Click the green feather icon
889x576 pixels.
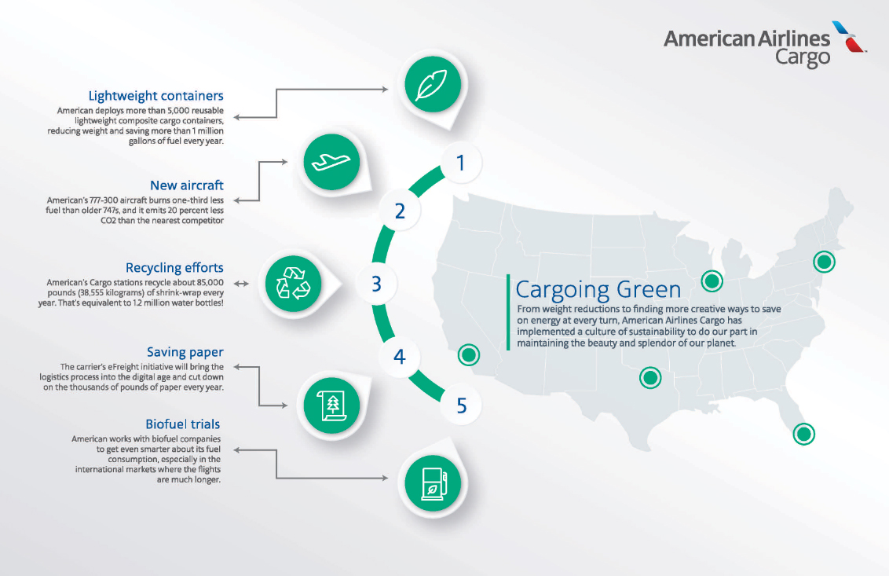click(x=433, y=85)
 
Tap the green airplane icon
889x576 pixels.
click(x=331, y=162)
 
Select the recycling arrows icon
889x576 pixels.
click(x=293, y=283)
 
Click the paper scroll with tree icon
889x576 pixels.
click(x=331, y=405)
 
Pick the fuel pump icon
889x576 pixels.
click(x=433, y=483)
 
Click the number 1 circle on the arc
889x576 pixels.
click(x=461, y=163)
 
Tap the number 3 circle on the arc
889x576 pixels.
click(x=376, y=284)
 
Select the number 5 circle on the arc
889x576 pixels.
click(x=462, y=405)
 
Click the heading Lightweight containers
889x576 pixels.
click(x=156, y=96)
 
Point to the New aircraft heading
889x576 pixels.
click(x=187, y=185)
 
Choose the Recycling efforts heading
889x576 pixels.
click(x=174, y=268)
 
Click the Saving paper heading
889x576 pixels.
click(x=185, y=352)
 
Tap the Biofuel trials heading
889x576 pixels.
click(x=182, y=424)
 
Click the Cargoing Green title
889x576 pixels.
click(x=598, y=289)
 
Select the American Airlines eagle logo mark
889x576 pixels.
click(x=848, y=36)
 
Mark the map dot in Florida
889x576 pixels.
click(x=803, y=434)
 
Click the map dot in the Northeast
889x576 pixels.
click(x=824, y=262)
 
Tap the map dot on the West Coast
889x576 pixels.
click(x=469, y=355)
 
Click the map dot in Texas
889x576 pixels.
click(x=650, y=377)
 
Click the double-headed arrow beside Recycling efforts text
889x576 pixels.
click(x=242, y=283)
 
